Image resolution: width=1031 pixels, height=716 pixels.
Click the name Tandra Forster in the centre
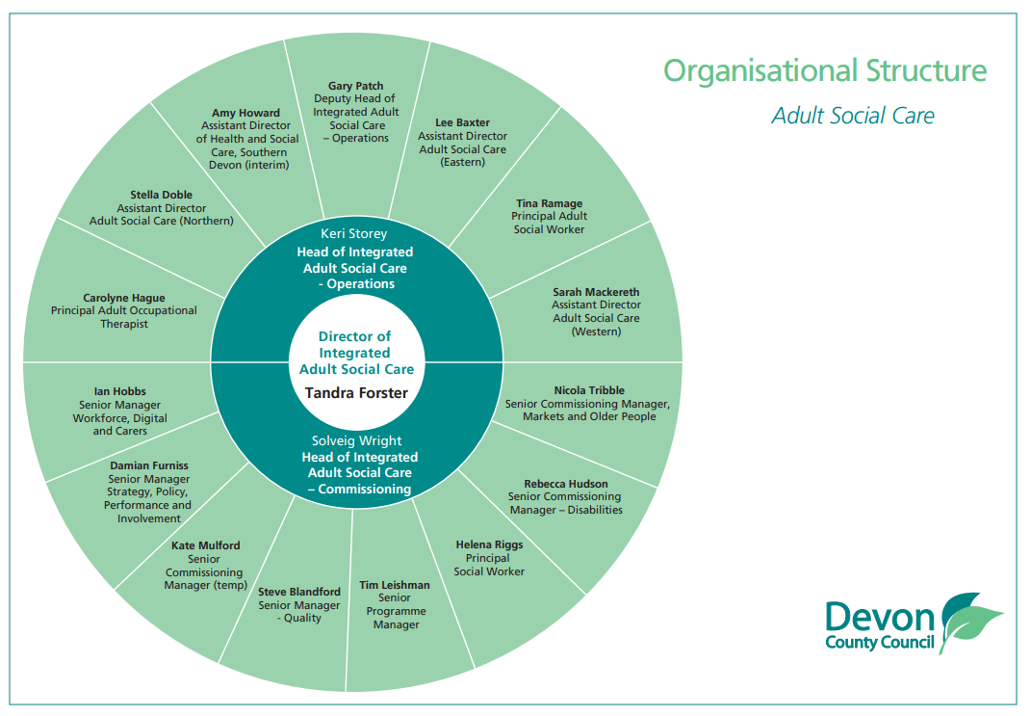click(356, 393)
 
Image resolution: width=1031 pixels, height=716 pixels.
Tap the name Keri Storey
click(356, 233)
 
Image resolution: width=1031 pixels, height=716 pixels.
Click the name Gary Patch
click(355, 86)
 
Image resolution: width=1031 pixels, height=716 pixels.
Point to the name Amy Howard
click(245, 113)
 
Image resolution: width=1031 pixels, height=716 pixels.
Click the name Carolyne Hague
click(123, 298)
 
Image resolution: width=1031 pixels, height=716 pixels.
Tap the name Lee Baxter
click(462, 122)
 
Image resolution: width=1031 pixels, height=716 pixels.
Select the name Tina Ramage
click(549, 203)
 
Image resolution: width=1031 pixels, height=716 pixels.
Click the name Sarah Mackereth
click(596, 292)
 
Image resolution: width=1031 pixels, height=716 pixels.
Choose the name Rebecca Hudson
click(566, 484)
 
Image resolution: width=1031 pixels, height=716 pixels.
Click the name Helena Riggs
click(489, 544)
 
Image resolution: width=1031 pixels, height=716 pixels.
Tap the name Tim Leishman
click(395, 585)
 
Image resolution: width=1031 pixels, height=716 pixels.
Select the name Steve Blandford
click(299, 592)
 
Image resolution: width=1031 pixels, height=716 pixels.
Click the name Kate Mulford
click(206, 545)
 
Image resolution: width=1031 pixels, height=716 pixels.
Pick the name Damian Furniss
click(149, 465)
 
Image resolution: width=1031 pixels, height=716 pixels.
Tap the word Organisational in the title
click(747, 70)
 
